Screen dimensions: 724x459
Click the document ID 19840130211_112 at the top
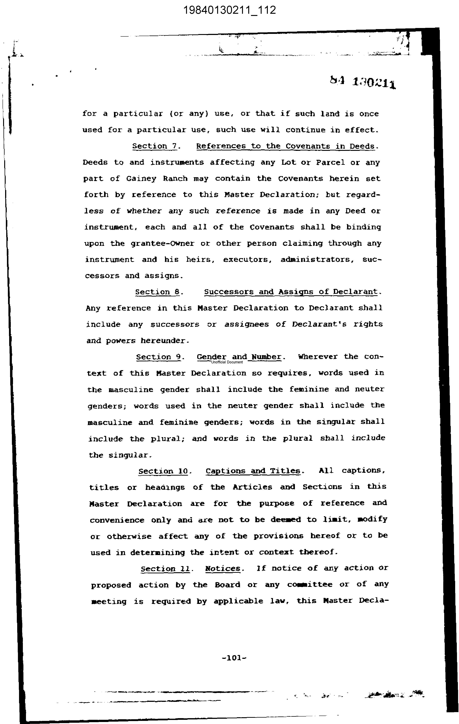tap(229, 10)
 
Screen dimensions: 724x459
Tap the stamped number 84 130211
tap(363, 82)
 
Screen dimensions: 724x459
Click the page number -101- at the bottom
tap(234, 658)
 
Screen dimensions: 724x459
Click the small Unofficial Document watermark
tap(227, 362)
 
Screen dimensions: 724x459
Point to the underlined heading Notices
tap(223, 569)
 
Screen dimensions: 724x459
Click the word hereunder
tap(165, 341)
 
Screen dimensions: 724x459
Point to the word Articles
tap(252, 487)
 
